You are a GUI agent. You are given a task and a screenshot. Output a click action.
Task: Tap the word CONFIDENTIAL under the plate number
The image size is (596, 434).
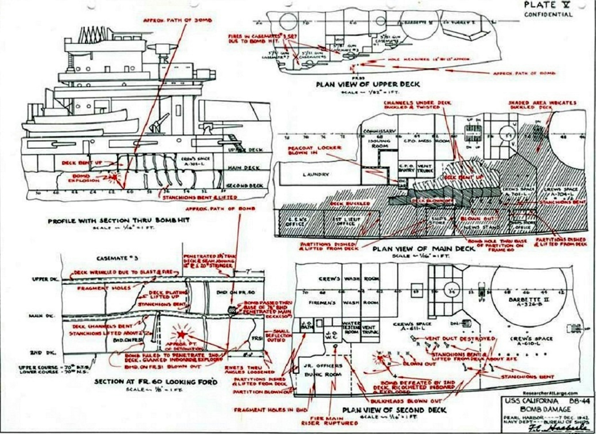[x=548, y=14]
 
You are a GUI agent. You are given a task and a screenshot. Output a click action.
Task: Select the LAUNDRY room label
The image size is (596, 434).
[x=315, y=175]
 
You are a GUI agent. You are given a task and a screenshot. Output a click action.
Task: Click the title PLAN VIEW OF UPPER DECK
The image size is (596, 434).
[x=368, y=84]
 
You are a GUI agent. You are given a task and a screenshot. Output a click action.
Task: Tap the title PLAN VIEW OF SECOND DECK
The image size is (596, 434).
[x=394, y=410]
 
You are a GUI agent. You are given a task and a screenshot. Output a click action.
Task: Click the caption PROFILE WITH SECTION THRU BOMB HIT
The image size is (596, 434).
[x=119, y=221]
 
